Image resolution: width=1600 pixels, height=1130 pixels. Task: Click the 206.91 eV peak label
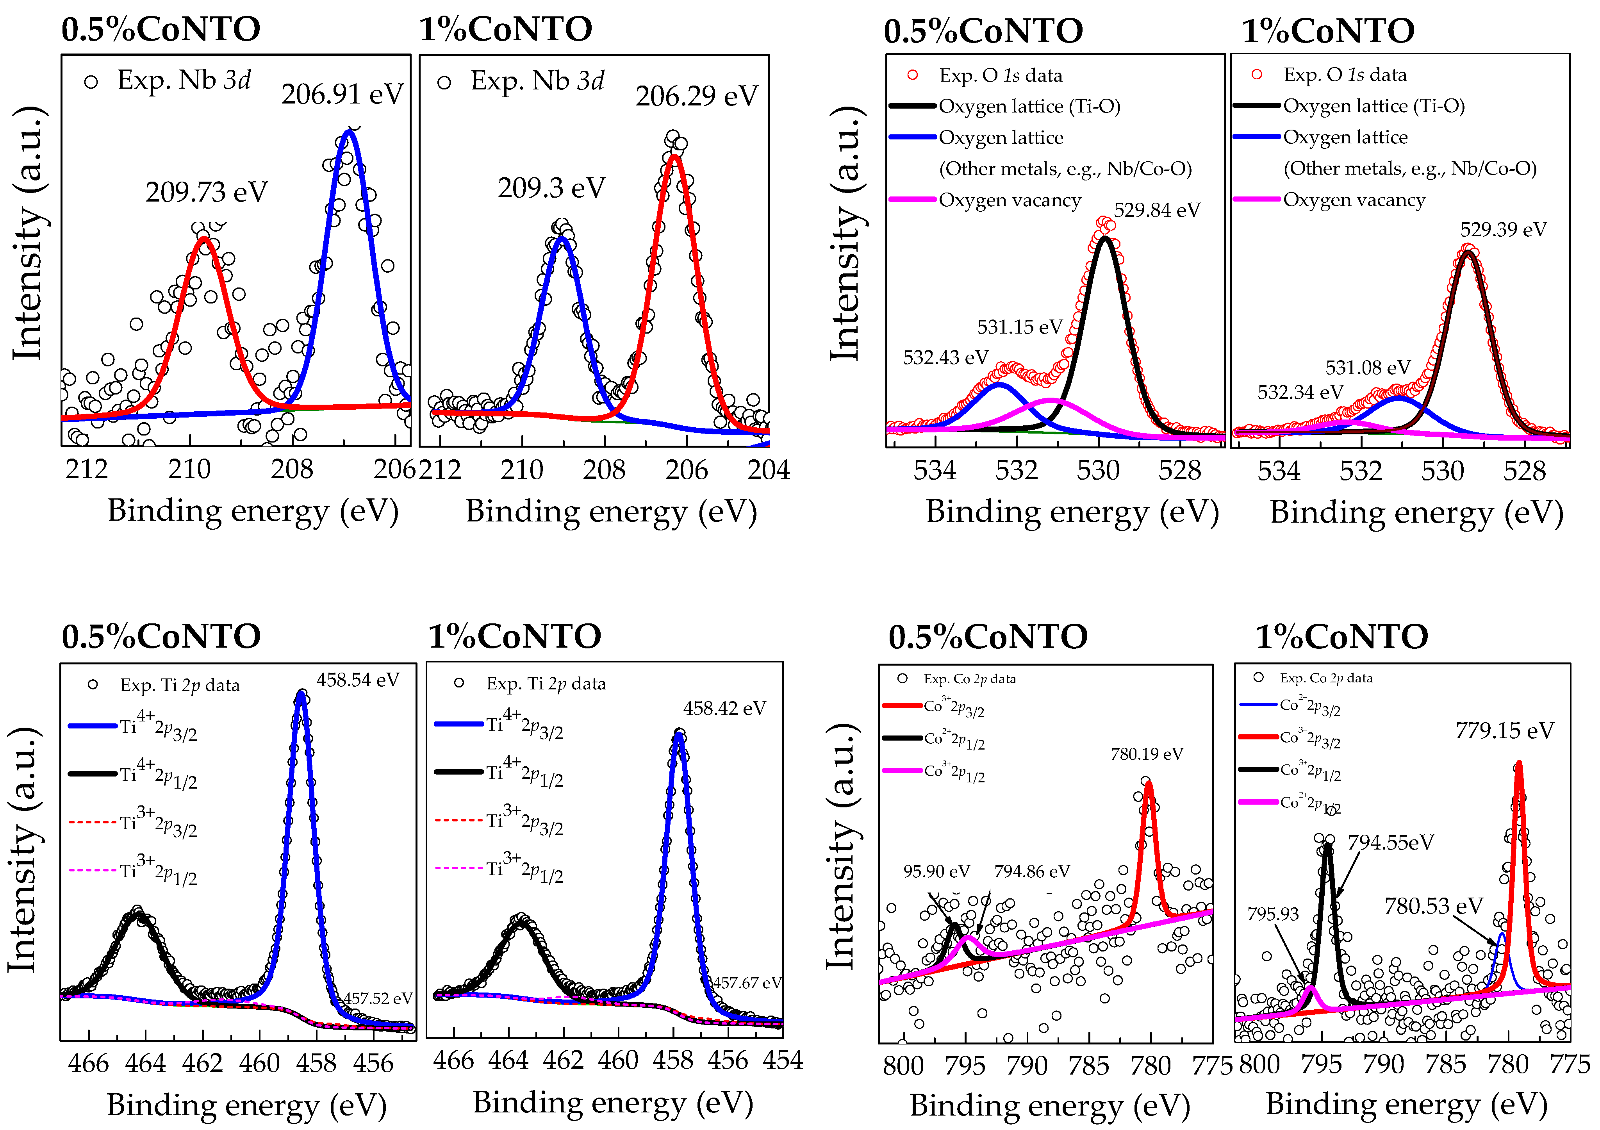point(342,94)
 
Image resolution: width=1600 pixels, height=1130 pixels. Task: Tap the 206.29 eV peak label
point(696,96)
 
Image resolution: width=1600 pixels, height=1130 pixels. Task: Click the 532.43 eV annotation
point(945,358)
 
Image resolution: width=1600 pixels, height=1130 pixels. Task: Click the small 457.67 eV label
point(747,983)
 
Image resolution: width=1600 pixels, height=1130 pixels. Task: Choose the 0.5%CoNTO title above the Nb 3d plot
point(161,29)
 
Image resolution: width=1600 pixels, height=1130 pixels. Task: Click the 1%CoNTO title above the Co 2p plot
point(1341,636)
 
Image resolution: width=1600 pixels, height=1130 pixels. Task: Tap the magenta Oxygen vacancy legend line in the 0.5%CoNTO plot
point(912,200)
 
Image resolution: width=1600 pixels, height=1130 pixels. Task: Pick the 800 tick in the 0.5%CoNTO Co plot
point(903,1066)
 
